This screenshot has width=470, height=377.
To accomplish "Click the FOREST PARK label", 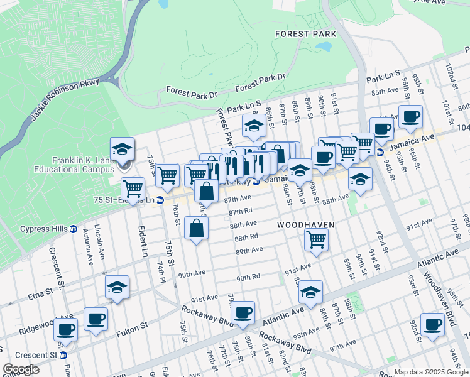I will coord(305,33).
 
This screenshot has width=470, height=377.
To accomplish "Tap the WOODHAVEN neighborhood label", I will coord(305,224).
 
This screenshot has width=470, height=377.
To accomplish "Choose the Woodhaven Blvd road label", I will coord(442,301).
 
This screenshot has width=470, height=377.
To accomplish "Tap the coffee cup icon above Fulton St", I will coord(96,319).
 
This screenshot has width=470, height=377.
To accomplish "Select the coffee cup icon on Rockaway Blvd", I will coord(243,312).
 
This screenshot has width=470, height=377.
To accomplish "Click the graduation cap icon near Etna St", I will coord(117,287).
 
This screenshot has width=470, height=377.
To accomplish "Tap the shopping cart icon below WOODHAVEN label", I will coord(315,239).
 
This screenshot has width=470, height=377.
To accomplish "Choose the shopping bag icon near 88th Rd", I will coord(197,229).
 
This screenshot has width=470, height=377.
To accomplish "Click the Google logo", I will coord(21,369).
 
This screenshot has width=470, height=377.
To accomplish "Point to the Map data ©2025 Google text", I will coord(430,372).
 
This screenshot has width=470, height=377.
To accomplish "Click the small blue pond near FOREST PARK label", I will coord(324,46).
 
